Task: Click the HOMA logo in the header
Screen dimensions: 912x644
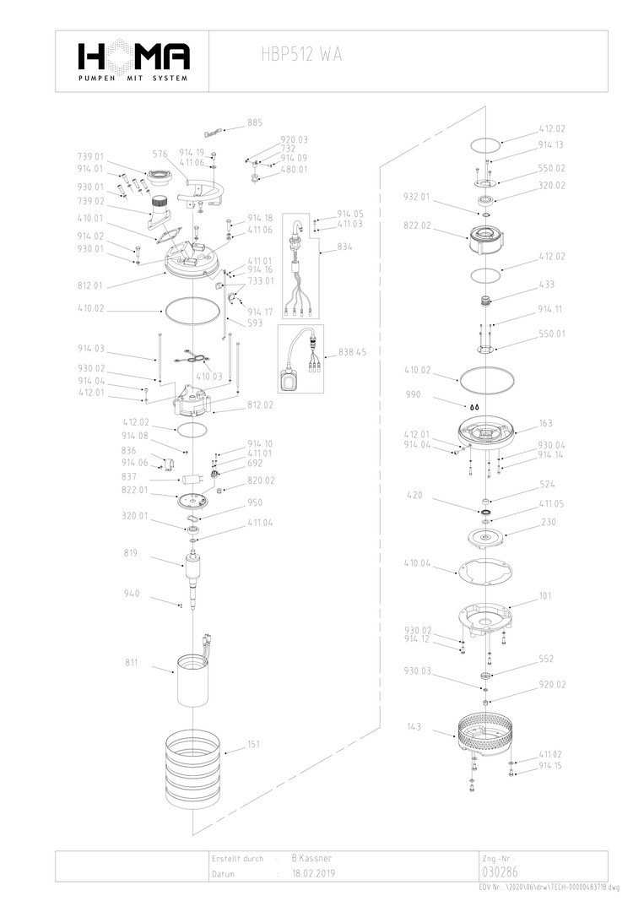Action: (133, 58)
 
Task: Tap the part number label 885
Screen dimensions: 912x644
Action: (255, 123)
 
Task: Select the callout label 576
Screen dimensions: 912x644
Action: (160, 155)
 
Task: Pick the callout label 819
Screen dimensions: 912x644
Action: (132, 554)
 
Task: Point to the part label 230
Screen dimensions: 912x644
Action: (548, 522)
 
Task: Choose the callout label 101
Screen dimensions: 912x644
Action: (545, 596)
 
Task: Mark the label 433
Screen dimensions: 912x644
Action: (547, 285)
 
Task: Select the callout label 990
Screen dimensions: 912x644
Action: (414, 394)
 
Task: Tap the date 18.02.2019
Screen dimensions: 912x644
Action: (313, 875)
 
